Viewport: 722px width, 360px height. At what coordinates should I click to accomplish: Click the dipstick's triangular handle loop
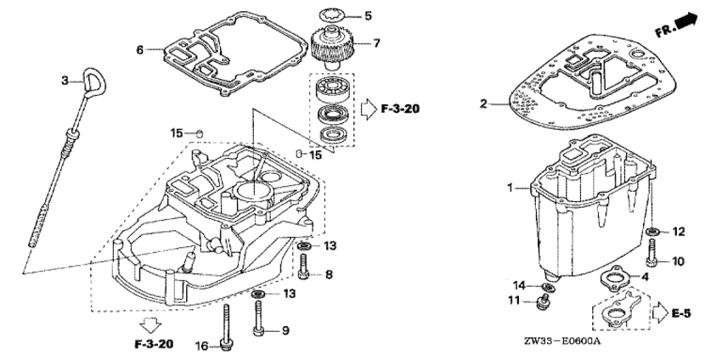94,82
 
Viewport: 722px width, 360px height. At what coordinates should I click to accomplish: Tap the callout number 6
140,50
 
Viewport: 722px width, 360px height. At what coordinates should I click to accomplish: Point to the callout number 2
483,104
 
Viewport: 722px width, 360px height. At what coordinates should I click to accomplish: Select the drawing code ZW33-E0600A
562,341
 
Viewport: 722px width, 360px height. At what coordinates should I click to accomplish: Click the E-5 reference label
681,313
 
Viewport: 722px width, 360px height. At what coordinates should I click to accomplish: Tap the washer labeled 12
652,231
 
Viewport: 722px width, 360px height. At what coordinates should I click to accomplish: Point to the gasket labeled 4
614,277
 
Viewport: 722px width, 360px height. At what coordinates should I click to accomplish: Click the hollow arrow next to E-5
660,312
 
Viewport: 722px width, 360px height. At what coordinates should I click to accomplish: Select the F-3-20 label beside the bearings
400,110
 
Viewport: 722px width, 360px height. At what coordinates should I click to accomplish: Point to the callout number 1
510,188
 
